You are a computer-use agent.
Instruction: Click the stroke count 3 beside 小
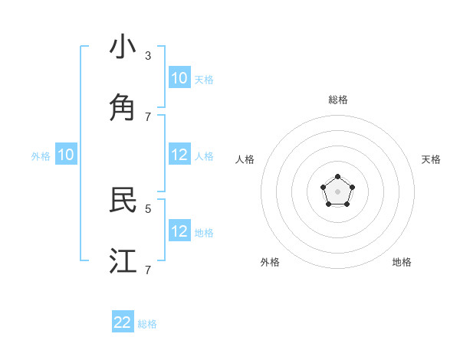point(148,55)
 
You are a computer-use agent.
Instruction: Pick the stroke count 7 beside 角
point(148,116)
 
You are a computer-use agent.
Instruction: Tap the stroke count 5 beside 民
point(148,208)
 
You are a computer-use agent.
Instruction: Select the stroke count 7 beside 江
point(148,270)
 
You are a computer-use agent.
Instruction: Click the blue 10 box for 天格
point(179,78)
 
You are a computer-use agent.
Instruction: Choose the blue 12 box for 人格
point(179,155)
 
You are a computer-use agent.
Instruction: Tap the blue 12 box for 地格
point(179,231)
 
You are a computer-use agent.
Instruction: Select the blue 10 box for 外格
point(66,155)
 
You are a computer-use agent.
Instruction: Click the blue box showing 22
point(123,322)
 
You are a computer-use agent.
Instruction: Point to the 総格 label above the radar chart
point(338,100)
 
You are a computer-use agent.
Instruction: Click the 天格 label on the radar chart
point(431,159)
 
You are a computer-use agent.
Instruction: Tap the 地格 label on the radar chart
point(402,262)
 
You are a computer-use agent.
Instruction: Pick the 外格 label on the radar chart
point(270,262)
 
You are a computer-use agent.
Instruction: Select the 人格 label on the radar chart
point(245,159)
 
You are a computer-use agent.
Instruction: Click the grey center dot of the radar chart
point(337,191)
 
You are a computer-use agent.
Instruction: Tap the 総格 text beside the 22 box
point(147,324)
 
